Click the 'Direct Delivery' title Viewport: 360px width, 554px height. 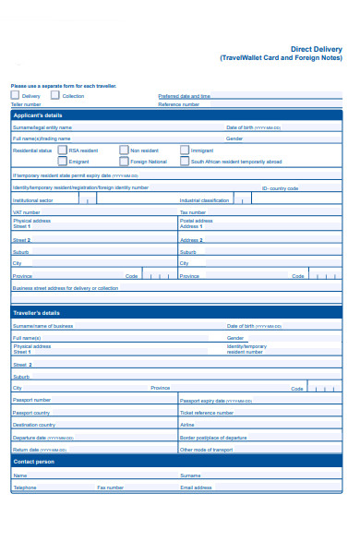pyautogui.click(x=316, y=49)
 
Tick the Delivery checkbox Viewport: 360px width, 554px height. pyautogui.click(x=15, y=94)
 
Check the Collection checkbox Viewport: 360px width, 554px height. pyautogui.click(x=55, y=94)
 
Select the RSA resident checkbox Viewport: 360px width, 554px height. pyautogui.click(x=63, y=149)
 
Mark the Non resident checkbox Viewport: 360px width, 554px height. pyautogui.click(x=123, y=149)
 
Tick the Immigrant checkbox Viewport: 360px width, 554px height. pyautogui.click(x=185, y=149)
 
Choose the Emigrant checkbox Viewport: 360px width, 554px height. pyautogui.click(x=63, y=161)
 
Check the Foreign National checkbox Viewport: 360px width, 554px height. pyautogui.click(x=123, y=161)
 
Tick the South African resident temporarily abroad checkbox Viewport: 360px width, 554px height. pyautogui.click(x=185, y=161)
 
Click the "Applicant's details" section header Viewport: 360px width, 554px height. pyautogui.click(x=38, y=115)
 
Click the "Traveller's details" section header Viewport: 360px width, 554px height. pyautogui.click(x=37, y=313)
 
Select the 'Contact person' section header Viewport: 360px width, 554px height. pyautogui.click(x=34, y=461)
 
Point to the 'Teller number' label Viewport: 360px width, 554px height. pyautogui.click(x=27, y=104)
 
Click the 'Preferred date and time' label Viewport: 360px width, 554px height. pyautogui.click(x=184, y=95)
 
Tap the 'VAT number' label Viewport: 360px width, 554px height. pyautogui.click(x=26, y=212)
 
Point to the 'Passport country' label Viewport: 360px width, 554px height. pyautogui.click(x=31, y=413)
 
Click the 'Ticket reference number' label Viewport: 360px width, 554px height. pyautogui.click(x=204, y=413)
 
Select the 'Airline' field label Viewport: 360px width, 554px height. pyautogui.click(x=187, y=425)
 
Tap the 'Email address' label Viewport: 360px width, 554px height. pyautogui.click(x=196, y=488)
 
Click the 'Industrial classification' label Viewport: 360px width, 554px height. pyautogui.click(x=204, y=200)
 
